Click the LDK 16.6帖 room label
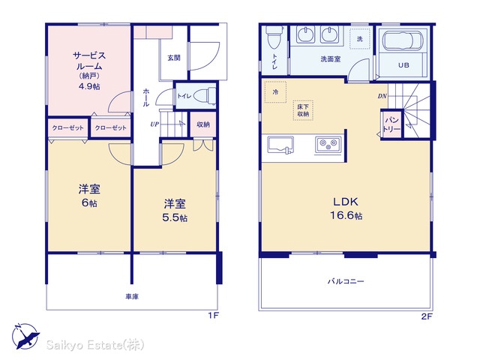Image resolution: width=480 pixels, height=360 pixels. (x=346, y=208)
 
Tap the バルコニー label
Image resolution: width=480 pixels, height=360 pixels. (x=346, y=281)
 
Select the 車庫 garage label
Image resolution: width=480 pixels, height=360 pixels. (x=132, y=296)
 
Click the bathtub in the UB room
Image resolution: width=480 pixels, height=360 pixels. (x=403, y=41)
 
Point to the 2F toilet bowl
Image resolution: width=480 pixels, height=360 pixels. (x=273, y=38)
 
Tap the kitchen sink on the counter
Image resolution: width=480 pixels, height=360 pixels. (x=280, y=145)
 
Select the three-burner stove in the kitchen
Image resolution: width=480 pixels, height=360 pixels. (x=328, y=145)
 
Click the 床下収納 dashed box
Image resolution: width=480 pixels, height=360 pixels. (x=303, y=110)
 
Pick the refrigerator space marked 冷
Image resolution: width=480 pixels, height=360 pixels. (x=275, y=91)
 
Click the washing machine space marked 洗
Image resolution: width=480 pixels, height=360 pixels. (x=360, y=39)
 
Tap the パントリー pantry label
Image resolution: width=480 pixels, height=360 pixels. (x=391, y=124)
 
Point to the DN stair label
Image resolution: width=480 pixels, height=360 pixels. (x=382, y=96)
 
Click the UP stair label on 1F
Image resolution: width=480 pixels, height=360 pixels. (x=154, y=124)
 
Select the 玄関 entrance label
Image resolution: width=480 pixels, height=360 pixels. (x=173, y=58)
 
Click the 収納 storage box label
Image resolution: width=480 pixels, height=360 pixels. (x=203, y=124)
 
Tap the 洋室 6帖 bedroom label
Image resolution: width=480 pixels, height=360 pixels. (x=89, y=196)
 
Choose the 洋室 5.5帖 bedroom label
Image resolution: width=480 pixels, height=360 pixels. (x=175, y=210)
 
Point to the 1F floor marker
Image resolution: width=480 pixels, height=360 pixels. (x=213, y=316)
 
